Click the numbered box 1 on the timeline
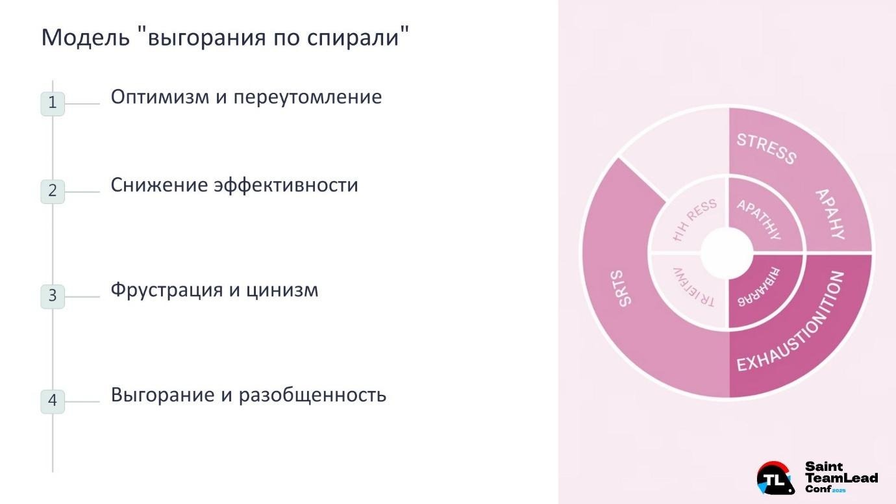point(53,103)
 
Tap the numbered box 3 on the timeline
point(53,296)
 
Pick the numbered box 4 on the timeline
point(53,401)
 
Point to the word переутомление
point(307,97)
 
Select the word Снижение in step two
point(160,185)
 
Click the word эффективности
point(286,185)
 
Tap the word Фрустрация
point(167,290)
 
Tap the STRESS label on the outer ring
point(766,148)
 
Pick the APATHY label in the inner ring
point(758,219)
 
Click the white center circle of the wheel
point(727,252)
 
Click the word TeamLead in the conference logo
point(841,478)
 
